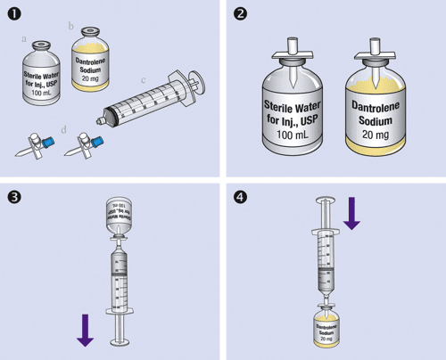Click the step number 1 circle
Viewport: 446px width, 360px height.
point(13,12)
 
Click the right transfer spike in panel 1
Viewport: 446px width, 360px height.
point(87,143)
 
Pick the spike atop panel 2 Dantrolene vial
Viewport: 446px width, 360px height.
point(378,50)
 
